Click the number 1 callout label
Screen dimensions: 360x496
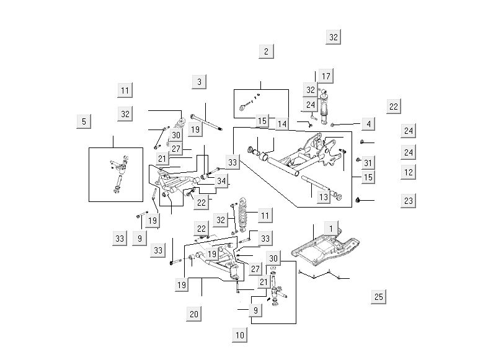(331, 229)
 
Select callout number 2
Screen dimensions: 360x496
(266, 51)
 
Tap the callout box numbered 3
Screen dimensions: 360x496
(199, 82)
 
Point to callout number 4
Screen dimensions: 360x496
(368, 124)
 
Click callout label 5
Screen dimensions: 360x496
(84, 121)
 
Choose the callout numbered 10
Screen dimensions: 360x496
(240, 335)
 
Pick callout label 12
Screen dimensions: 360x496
(408, 172)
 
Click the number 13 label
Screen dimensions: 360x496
(323, 197)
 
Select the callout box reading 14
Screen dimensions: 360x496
(282, 124)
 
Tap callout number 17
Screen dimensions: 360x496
(326, 76)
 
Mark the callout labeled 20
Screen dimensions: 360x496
(194, 314)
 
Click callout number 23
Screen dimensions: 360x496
(408, 201)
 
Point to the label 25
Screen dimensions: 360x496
(379, 297)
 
